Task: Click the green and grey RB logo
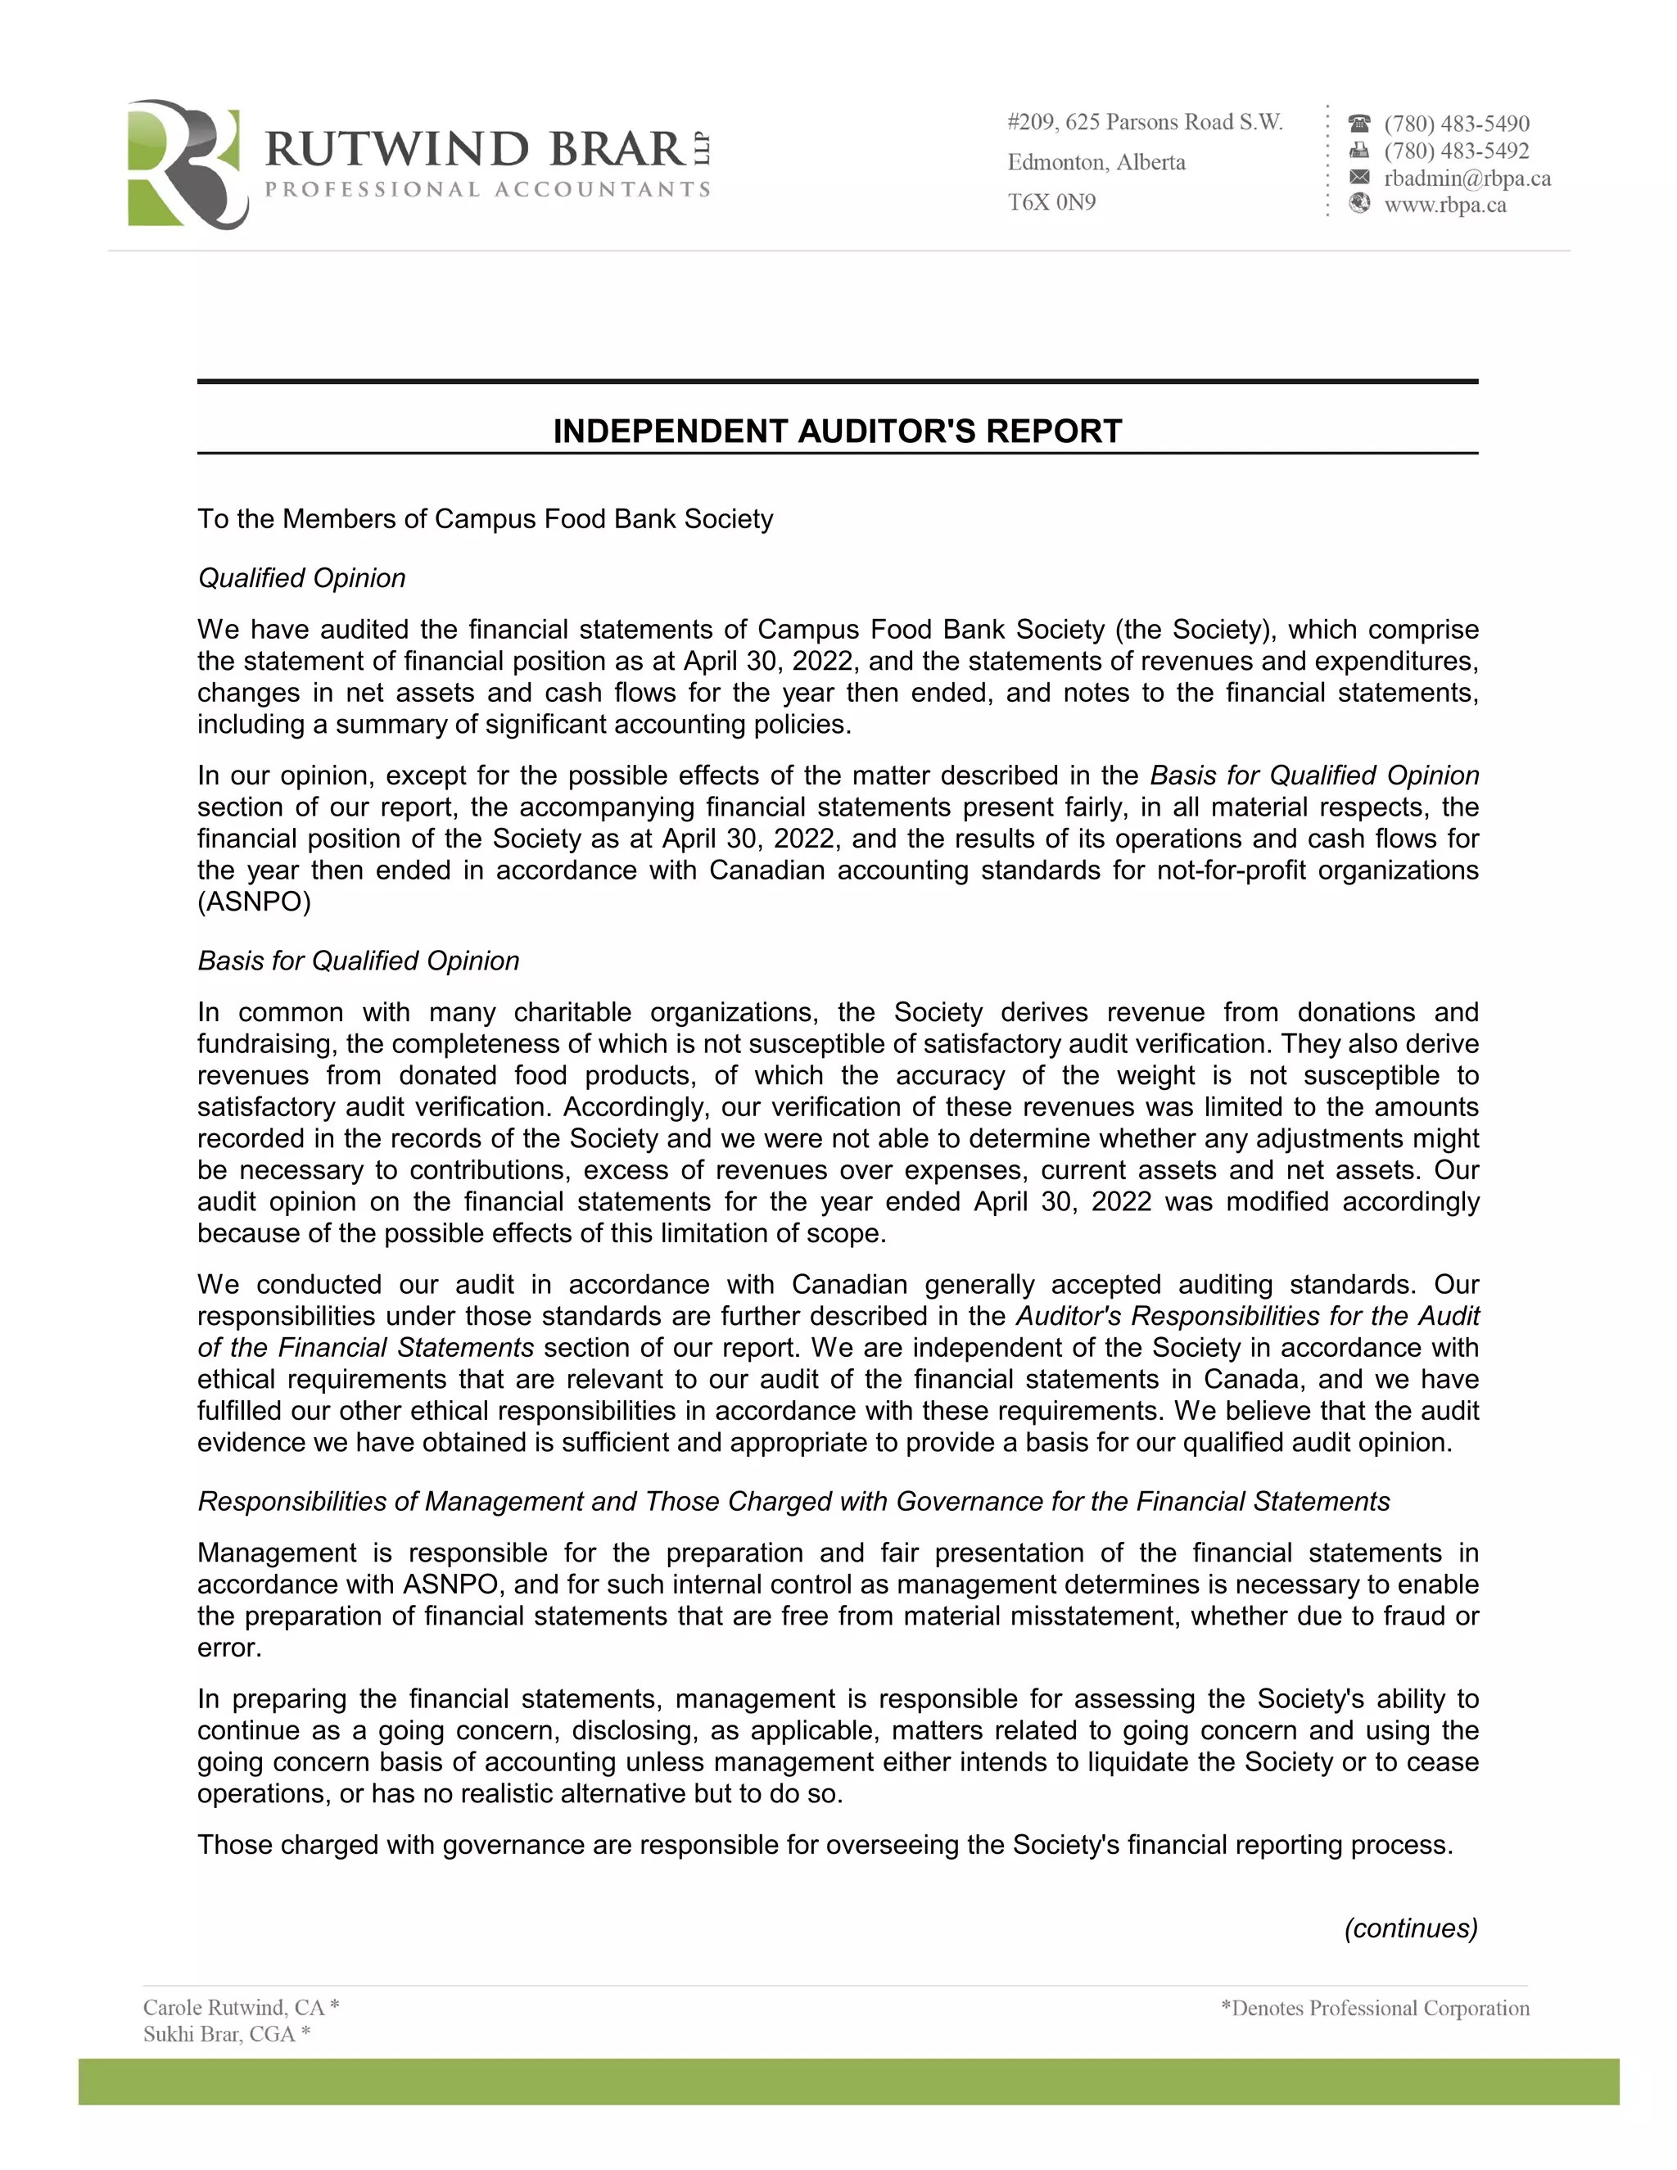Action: tap(187, 164)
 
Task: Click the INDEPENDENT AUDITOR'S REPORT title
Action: tap(838, 432)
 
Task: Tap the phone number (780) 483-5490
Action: tap(1457, 124)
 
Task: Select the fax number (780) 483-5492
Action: tap(1457, 151)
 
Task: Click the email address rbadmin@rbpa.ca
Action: tap(1467, 179)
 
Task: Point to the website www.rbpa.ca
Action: tap(1445, 206)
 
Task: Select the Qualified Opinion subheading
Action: tap(302, 578)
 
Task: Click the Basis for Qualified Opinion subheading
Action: tap(359, 961)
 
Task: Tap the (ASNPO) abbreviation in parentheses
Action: tap(255, 902)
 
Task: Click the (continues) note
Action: tap(1411, 1928)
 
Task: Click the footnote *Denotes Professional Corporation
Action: tap(1375, 2008)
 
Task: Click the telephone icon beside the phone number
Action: tap(1359, 123)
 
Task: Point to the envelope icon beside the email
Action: tap(1359, 178)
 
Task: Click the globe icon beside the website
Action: tap(1359, 204)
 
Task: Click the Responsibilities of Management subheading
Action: tap(793, 1501)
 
